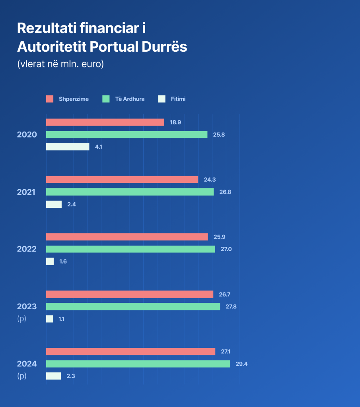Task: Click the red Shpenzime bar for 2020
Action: pyautogui.click(x=105, y=122)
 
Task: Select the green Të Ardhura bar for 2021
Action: pyautogui.click(x=130, y=192)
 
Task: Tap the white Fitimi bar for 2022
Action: pyautogui.click(x=50, y=262)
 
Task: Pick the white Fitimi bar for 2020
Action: pyautogui.click(x=68, y=147)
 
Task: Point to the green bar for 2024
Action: pyautogui.click(x=138, y=364)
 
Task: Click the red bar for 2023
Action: pyautogui.click(x=130, y=295)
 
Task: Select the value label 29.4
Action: pyautogui.click(x=241, y=364)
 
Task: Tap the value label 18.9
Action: pyautogui.click(x=175, y=122)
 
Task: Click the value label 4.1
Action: pyautogui.click(x=99, y=147)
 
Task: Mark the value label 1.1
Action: pyautogui.click(x=61, y=319)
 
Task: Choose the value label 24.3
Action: pyautogui.click(x=210, y=180)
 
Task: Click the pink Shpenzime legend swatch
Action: pyautogui.click(x=50, y=99)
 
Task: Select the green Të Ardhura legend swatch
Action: pyautogui.click(x=106, y=99)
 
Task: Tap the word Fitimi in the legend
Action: pyautogui.click(x=178, y=99)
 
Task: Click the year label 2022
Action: pyautogui.click(x=27, y=249)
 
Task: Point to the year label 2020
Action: pyautogui.click(x=27, y=135)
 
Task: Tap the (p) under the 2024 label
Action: pyautogui.click(x=21, y=376)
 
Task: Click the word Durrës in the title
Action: pyautogui.click(x=163, y=47)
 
